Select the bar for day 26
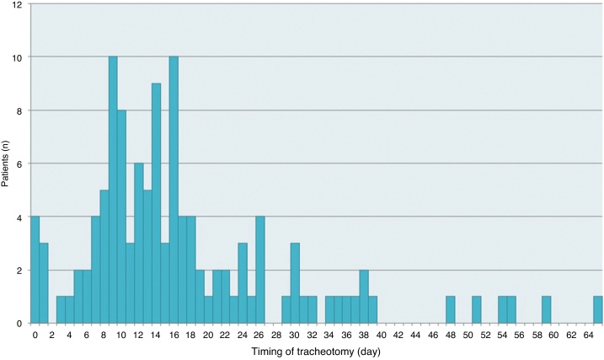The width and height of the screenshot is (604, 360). (x=260, y=270)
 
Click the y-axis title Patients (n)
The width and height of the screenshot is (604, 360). (x=6, y=163)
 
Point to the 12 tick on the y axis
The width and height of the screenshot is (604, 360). (x=19, y=4)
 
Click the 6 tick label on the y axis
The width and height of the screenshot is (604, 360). (x=21, y=164)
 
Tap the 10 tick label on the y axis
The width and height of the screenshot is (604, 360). (x=19, y=57)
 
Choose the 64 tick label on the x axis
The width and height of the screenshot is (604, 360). (x=589, y=335)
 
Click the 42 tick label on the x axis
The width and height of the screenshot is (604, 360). (x=398, y=335)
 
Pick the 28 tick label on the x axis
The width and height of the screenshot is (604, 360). (x=277, y=335)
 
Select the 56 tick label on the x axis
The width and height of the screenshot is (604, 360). (x=520, y=335)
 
